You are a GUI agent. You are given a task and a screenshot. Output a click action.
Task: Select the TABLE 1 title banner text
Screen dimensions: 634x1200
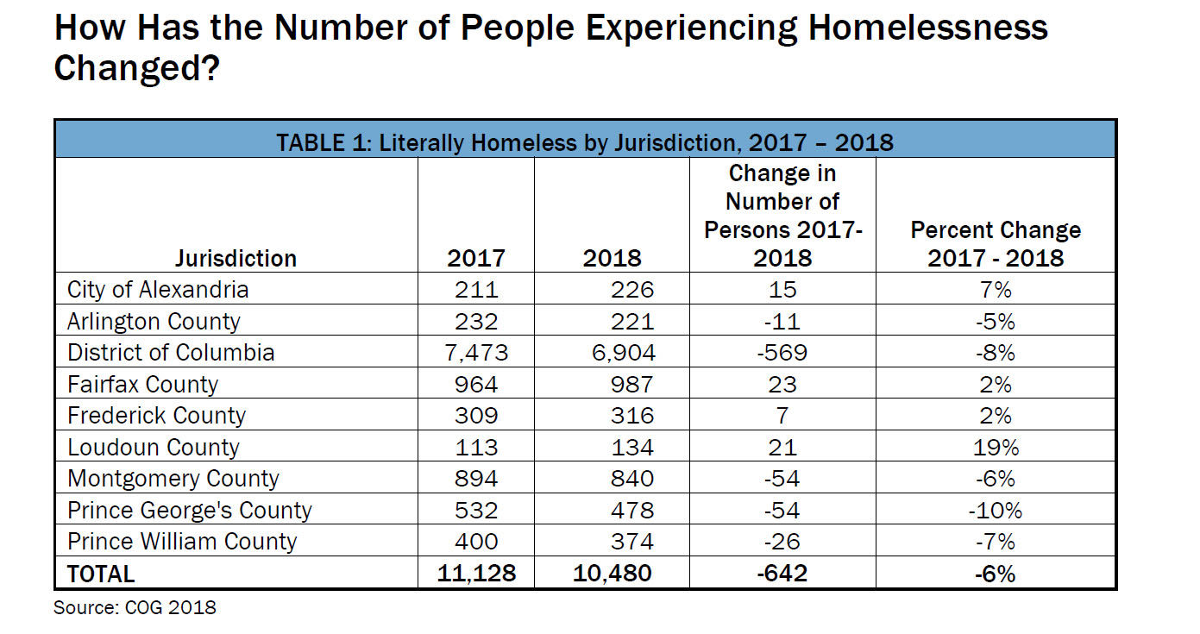pyautogui.click(x=585, y=141)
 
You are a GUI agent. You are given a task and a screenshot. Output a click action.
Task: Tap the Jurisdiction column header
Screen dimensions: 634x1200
pyautogui.click(x=236, y=258)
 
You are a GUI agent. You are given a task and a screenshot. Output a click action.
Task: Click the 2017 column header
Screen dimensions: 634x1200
pyautogui.click(x=476, y=258)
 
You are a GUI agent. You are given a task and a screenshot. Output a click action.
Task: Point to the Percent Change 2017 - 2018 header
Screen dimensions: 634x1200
pyautogui.click(x=996, y=243)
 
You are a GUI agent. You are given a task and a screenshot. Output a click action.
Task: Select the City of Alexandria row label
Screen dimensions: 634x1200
pyautogui.click(x=158, y=289)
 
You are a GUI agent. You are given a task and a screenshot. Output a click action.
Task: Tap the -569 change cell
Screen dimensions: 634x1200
pyautogui.click(x=782, y=353)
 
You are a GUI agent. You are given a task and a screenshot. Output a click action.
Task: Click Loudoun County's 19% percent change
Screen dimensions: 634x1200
pyautogui.click(x=996, y=448)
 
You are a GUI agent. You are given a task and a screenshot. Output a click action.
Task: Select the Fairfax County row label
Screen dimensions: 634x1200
pyautogui.click(x=142, y=384)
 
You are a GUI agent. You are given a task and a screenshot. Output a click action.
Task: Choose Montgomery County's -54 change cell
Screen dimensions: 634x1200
pyautogui.click(x=782, y=479)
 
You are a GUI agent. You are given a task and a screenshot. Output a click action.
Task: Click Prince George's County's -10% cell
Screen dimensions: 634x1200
pyautogui.click(x=996, y=511)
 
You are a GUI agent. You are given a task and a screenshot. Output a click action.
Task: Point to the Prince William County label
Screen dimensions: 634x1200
pyautogui.click(x=182, y=542)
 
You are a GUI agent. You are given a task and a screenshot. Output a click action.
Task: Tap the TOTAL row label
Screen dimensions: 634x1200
pyautogui.click(x=101, y=574)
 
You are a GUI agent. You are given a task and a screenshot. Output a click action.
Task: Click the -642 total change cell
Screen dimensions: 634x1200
pyautogui.click(x=781, y=574)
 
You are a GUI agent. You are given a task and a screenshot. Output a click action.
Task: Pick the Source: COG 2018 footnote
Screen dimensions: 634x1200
pyautogui.click(x=135, y=607)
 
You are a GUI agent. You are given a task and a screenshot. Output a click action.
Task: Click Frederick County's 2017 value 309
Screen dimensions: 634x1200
pyautogui.click(x=476, y=416)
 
